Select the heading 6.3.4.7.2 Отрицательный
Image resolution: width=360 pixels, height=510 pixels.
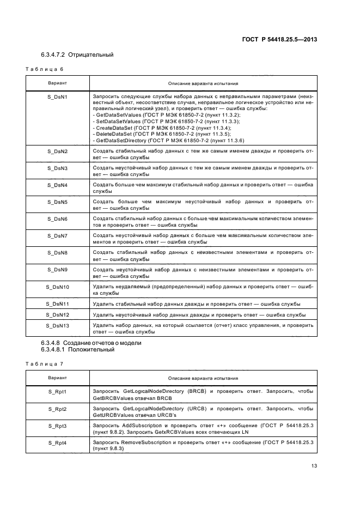77,55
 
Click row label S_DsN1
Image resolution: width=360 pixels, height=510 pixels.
57,95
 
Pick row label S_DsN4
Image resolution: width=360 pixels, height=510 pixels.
57,185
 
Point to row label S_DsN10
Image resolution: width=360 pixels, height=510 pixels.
57,287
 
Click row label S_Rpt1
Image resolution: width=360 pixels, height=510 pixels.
57,392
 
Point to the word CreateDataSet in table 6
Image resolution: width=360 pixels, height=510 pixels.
115,128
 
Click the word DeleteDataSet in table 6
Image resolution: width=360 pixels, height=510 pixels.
115,134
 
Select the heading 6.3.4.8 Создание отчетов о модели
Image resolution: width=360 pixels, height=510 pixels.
91,343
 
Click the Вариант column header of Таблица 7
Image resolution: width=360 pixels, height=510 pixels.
57,378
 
